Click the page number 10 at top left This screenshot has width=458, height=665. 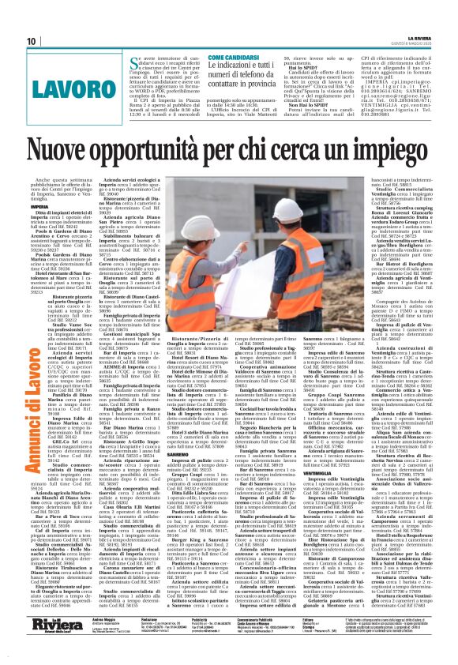click(32, 41)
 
